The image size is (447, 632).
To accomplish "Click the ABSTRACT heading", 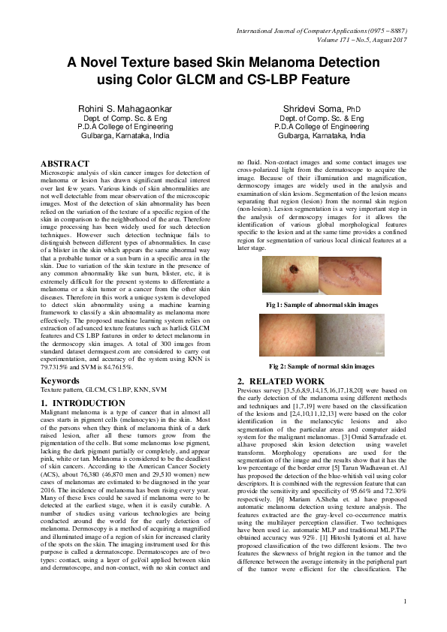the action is click(x=65, y=164).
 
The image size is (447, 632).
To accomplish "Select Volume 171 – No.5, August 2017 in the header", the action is click(x=355, y=39).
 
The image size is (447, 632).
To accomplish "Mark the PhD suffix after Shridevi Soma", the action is click(x=357, y=110).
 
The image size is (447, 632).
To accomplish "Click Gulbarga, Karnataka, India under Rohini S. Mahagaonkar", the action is click(x=122, y=137).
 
